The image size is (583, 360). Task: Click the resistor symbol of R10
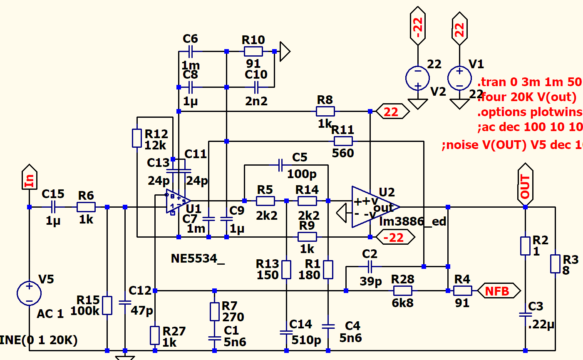tap(253, 52)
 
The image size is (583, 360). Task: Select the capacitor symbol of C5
tap(280, 165)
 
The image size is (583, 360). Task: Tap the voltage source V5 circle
tap(29, 293)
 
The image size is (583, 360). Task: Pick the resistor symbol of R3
tap(555, 264)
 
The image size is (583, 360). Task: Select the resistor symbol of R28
tap(402, 290)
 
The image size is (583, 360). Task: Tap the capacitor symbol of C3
tap(525, 315)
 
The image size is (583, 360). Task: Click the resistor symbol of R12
tap(137, 138)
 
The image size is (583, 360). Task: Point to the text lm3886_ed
tap(412, 221)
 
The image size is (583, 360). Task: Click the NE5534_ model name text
tap(197, 258)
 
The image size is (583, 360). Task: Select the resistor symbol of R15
tap(107, 305)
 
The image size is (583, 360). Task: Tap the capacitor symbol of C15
tap(53, 207)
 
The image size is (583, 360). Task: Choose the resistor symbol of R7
tap(214, 311)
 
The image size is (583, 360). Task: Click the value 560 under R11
tap(343, 153)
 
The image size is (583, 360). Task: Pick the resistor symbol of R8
tap(325, 111)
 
